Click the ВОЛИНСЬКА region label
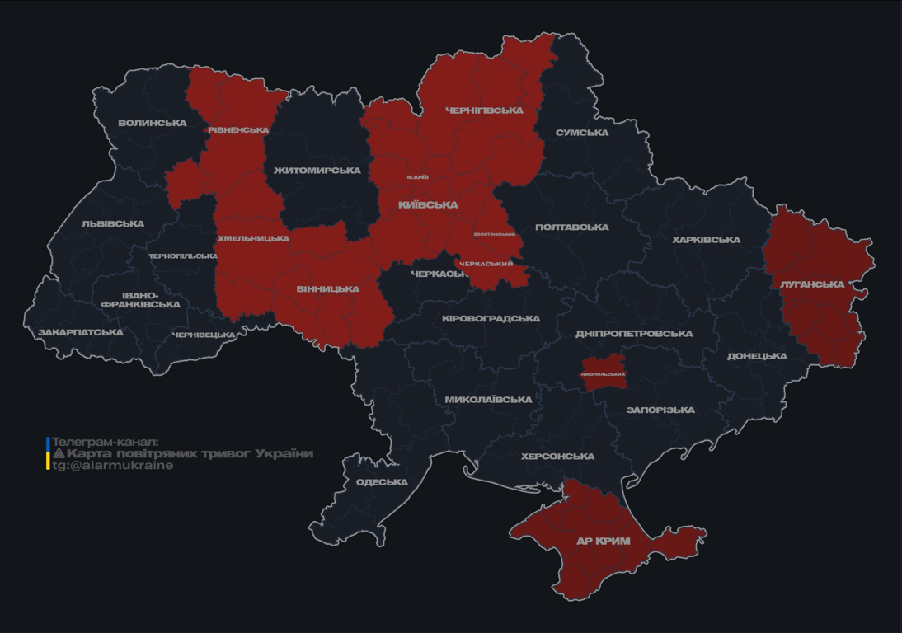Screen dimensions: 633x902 [153, 124]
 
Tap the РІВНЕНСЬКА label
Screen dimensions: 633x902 [238, 130]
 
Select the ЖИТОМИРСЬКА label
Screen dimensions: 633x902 [317, 171]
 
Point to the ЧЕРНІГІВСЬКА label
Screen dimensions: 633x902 [484, 110]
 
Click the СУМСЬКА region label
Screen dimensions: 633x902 [582, 133]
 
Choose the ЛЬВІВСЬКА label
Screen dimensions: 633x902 [113, 224]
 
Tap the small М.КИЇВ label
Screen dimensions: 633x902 [418, 177]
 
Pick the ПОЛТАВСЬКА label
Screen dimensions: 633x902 [572, 227]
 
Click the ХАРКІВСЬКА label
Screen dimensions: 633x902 [707, 240]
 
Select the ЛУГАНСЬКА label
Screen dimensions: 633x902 [812, 284]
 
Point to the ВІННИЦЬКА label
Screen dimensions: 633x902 [327, 289]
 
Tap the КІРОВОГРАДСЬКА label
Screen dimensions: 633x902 [491, 319]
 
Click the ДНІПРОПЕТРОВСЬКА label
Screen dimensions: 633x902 [634, 334]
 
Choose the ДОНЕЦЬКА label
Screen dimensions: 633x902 [757, 356]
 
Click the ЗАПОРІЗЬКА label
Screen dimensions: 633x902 [660, 410]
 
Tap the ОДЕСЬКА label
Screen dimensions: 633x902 [382, 482]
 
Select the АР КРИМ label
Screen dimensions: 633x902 [604, 542]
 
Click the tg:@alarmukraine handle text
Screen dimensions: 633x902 [113, 466]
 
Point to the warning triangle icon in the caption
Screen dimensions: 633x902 [59, 453]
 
